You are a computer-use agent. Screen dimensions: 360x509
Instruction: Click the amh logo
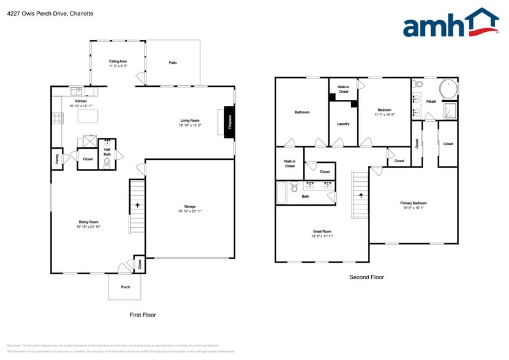(x=450, y=24)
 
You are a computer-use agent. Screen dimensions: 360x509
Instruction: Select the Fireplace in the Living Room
(x=229, y=122)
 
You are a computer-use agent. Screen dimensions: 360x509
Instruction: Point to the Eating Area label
(x=118, y=61)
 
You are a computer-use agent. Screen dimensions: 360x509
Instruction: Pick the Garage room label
(x=190, y=206)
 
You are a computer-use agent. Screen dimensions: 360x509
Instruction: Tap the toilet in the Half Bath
(x=107, y=163)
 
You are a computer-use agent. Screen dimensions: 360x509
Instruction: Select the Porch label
(x=125, y=287)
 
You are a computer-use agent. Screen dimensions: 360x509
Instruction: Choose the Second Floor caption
(x=366, y=277)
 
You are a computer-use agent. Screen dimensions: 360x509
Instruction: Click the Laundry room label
(x=343, y=124)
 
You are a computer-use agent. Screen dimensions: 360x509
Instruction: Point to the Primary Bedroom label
(x=413, y=203)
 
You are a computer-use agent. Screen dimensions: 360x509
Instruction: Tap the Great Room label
(x=322, y=231)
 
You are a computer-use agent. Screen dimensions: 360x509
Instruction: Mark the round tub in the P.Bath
(x=449, y=89)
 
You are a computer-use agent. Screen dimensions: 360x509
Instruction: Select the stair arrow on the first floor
(x=137, y=206)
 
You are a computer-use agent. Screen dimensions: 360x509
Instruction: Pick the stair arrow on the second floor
(x=361, y=196)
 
